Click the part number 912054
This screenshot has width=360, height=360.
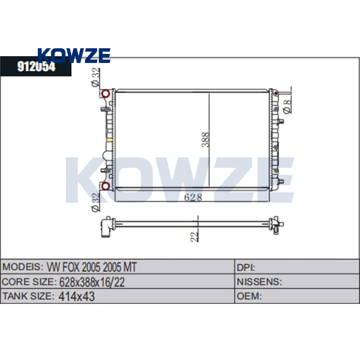pos(36,67)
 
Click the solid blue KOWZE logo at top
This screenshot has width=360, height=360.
pos(74,55)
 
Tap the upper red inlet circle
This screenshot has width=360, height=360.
pos(105,94)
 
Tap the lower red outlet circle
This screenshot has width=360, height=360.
pos(105,185)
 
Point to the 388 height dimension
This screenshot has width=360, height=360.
pos(206,140)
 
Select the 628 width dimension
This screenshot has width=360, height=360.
pos(193,197)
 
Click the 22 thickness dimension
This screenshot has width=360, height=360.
pos(194,237)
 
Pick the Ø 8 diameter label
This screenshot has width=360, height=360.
pos(287,107)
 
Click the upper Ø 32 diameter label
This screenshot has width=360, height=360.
pos(96,77)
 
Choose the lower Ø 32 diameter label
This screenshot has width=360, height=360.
pos(96,202)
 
